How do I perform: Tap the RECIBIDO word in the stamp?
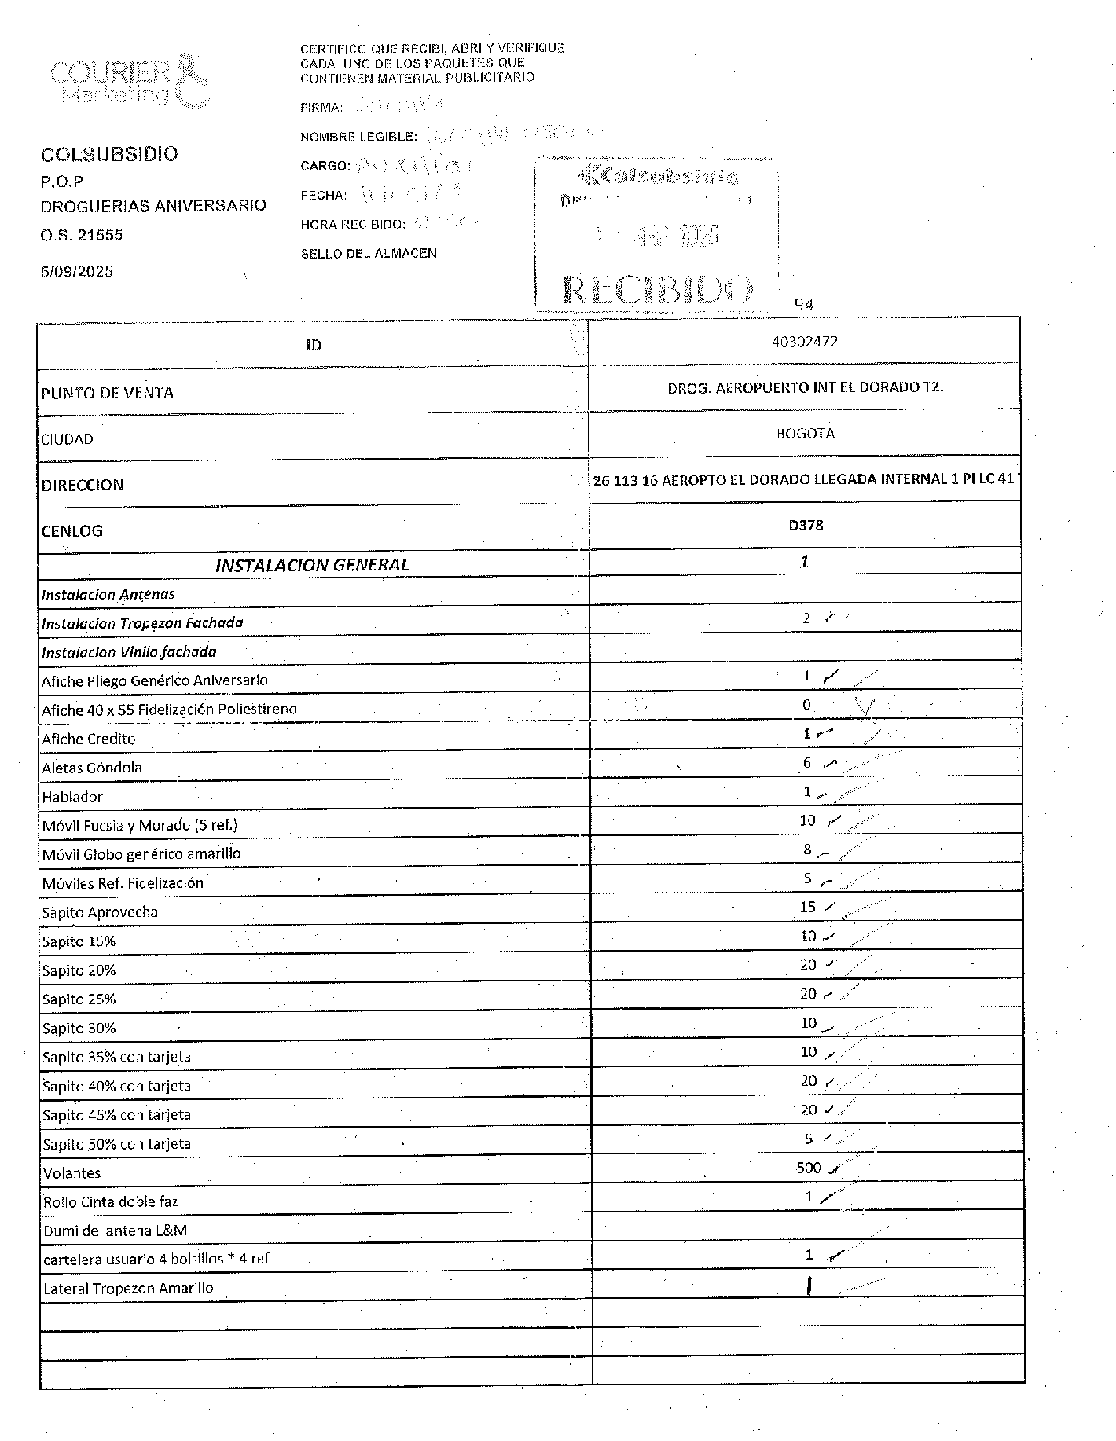[x=658, y=291]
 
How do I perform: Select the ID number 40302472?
[x=805, y=342]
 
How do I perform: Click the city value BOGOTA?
[x=805, y=434]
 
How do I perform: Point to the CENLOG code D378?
[x=806, y=526]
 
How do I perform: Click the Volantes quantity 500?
[x=808, y=1168]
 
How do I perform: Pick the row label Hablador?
[x=72, y=797]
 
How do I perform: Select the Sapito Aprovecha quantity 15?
[x=808, y=907]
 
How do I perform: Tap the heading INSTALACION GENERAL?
[x=312, y=564]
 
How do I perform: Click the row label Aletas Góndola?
[x=92, y=768]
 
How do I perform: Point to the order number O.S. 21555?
[x=82, y=235]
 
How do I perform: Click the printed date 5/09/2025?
[x=77, y=272]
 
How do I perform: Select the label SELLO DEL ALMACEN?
[x=369, y=254]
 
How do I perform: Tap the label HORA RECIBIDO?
[x=353, y=225]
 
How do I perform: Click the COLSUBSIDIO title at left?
[x=109, y=154]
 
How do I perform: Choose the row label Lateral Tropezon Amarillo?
[x=128, y=1289]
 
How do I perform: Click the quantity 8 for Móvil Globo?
[x=807, y=849]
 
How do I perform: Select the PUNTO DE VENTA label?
[x=108, y=393]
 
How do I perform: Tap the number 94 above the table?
[x=804, y=305]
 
